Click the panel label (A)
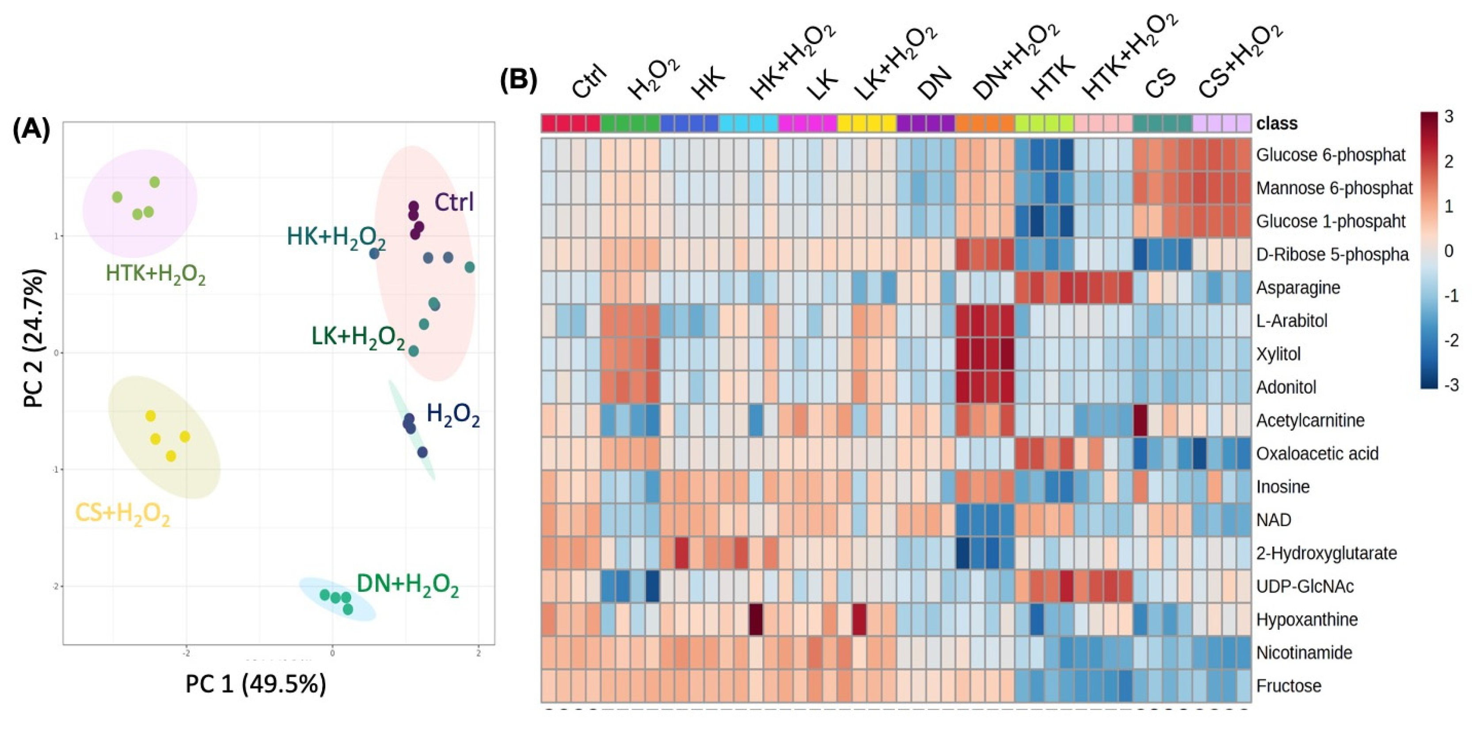[x=31, y=130]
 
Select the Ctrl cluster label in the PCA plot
[x=454, y=202]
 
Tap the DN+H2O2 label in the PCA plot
[x=407, y=585]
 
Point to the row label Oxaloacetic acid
[x=1316, y=454]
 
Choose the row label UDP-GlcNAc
[x=1305, y=587]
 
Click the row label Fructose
[x=1288, y=686]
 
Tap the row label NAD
[x=1273, y=520]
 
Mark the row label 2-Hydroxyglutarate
[x=1326, y=553]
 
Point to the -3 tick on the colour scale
[x=1450, y=385]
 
